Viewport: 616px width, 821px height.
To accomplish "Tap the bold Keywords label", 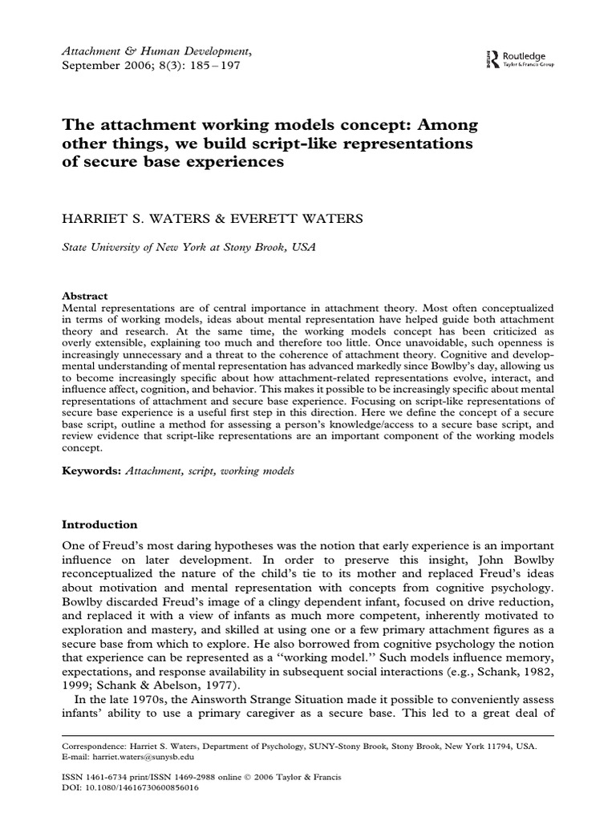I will (91, 471).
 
